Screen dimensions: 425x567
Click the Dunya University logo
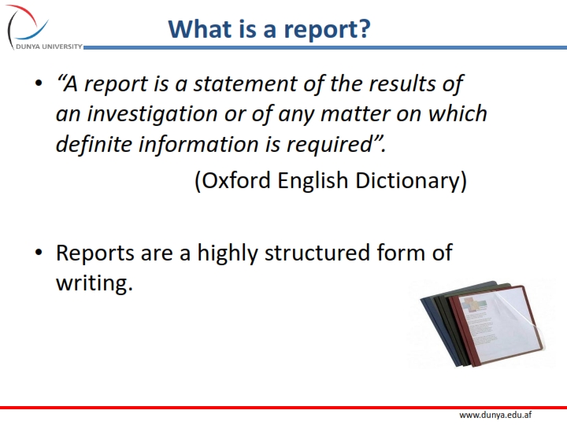point(31,27)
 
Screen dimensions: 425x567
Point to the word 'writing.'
point(94,283)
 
